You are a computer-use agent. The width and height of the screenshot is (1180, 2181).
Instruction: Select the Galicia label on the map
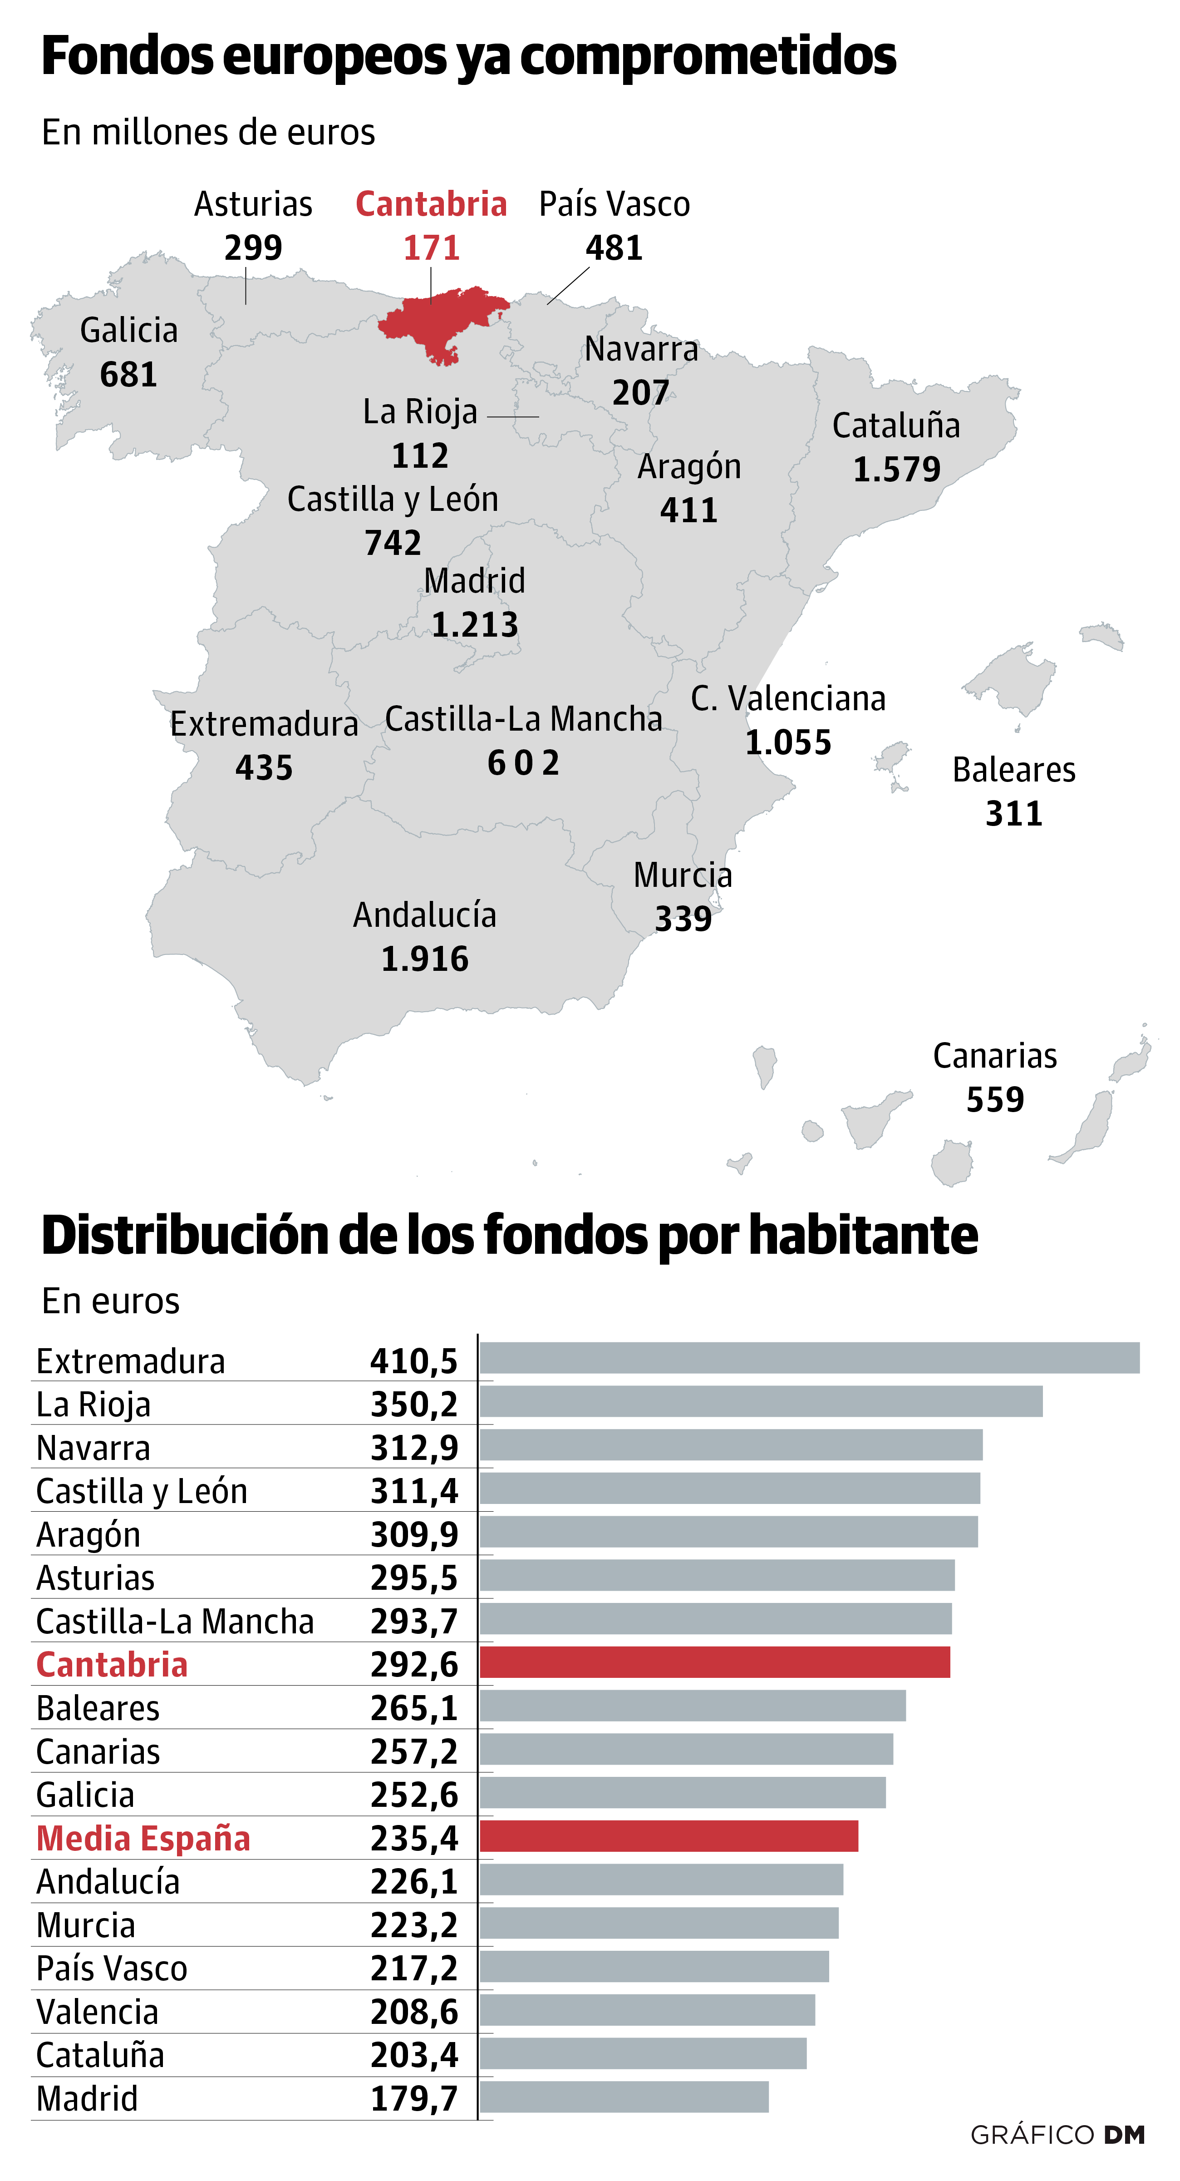coord(129,330)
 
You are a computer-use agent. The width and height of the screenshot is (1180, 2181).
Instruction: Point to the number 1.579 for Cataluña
coord(896,469)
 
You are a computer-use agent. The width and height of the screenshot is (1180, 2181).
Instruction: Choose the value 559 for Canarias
coord(995,1100)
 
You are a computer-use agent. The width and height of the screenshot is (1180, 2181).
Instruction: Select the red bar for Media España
coord(669,1836)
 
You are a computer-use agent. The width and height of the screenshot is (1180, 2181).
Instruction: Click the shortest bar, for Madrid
coord(624,2097)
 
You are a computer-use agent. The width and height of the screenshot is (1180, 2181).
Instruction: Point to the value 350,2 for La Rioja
coord(414,1405)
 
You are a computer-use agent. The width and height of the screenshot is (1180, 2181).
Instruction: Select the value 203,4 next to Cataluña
coord(414,2055)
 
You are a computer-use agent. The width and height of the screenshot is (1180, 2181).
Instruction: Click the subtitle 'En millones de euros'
coord(208,133)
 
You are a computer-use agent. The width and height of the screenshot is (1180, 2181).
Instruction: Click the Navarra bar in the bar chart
coord(731,1445)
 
